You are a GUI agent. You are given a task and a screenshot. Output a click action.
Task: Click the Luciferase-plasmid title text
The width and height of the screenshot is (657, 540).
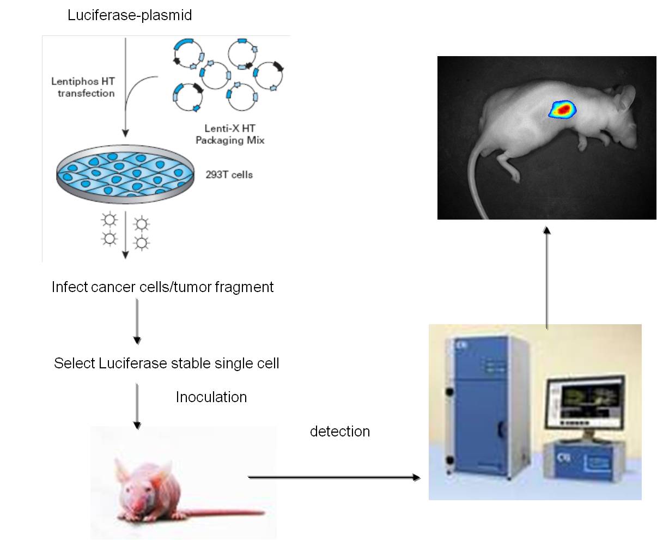130,15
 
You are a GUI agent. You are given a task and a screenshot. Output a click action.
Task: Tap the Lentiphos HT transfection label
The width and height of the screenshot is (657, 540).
83,87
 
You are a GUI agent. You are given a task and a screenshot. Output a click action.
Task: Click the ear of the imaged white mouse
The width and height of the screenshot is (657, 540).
626,98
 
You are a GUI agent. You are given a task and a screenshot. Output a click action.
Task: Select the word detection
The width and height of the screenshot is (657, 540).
339,432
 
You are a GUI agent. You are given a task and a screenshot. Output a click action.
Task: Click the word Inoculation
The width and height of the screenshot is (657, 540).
211,397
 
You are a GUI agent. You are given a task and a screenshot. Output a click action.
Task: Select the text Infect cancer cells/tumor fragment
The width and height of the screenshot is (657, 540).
162,287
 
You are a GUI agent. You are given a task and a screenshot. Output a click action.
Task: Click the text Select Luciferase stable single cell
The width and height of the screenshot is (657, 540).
166,363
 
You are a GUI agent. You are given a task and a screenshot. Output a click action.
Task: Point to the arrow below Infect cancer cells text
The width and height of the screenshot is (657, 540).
137,321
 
